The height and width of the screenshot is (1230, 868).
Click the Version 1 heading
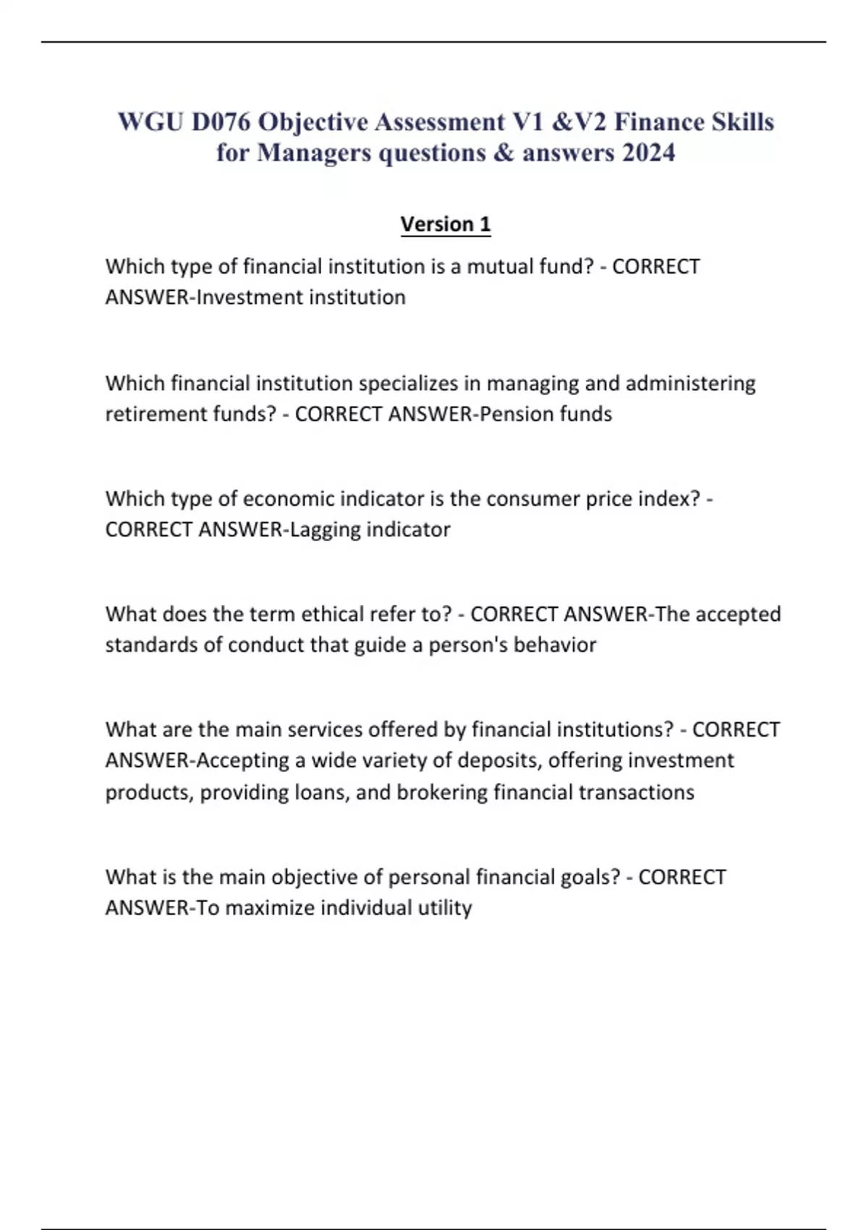click(x=446, y=224)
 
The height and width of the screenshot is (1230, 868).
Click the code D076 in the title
click(x=221, y=122)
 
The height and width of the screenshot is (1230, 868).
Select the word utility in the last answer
click(x=445, y=908)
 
